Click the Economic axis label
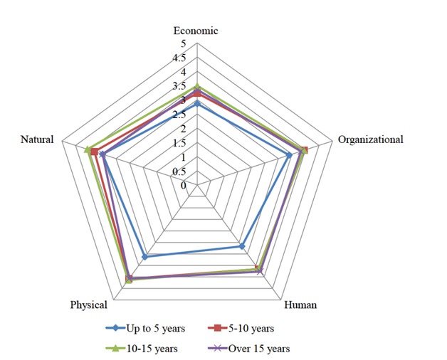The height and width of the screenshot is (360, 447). coord(196,31)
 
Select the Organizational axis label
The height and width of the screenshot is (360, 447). coord(370,139)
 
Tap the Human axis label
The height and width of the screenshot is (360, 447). coord(300,305)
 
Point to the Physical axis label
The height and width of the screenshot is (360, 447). coord(89,305)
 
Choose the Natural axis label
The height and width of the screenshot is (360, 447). coord(37,139)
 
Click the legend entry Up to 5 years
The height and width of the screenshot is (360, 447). coord(145,328)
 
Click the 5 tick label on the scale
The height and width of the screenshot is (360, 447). coord(183,44)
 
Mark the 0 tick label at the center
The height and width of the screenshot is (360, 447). coord(183,186)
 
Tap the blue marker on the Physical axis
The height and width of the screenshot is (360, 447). coord(145,257)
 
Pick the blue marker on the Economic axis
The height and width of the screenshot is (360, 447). coord(197,104)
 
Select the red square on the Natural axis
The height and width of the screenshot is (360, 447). coord(94,152)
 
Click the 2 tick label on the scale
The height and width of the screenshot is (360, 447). coord(183,129)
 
